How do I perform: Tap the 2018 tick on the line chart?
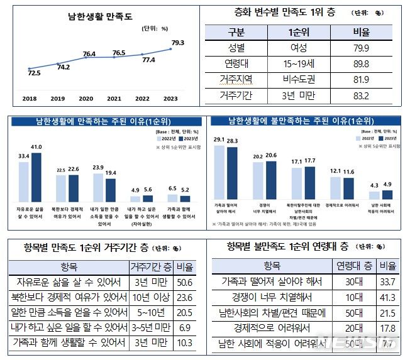click(29, 99)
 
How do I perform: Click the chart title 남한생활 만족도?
click(96, 18)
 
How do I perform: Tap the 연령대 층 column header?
click(353, 265)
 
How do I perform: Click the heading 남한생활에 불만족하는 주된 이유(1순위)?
click(305, 121)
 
